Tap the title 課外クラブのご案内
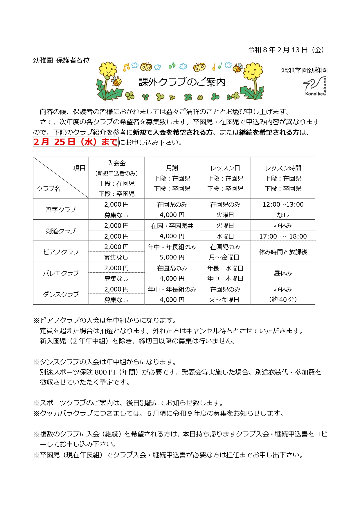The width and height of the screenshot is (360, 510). click(182, 82)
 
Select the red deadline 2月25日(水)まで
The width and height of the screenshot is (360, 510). click(75, 142)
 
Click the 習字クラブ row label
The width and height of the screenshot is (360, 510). click(61, 209)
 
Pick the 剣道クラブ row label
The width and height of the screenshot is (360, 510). click(61, 231)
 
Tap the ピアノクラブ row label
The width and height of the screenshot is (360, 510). click(61, 252)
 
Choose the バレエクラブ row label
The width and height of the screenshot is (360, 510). click(61, 273)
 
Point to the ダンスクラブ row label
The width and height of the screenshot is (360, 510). click(61, 294)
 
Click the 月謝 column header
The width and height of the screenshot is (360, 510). click(172, 168)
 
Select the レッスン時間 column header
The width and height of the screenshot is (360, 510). click(283, 168)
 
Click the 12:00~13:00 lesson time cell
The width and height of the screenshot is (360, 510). click(283, 204)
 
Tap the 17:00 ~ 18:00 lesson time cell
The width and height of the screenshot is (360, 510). click(283, 236)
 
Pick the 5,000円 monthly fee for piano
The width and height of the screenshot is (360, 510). click(172, 257)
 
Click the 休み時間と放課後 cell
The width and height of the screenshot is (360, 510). click(283, 252)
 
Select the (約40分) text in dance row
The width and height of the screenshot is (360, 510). click(283, 300)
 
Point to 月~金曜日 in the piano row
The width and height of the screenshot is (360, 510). click(224, 257)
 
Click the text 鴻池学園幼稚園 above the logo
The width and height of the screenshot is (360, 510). click(304, 70)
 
